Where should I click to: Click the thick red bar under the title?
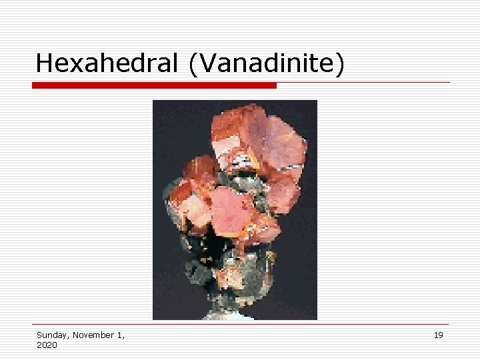click(x=154, y=85)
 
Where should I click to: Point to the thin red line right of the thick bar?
click(x=363, y=83)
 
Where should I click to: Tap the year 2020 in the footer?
click(x=47, y=345)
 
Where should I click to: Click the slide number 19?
click(x=438, y=335)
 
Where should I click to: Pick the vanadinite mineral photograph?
click(x=235, y=210)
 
